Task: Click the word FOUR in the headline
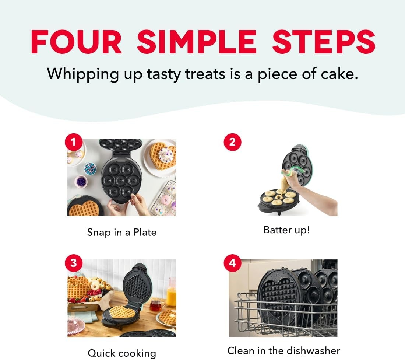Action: tap(77, 42)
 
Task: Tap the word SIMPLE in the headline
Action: tap(197, 42)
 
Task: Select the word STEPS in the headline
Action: tap(323, 42)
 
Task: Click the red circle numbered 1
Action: tap(74, 142)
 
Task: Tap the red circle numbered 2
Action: tap(232, 142)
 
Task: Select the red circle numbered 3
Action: tap(74, 263)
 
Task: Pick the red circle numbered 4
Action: tap(232, 263)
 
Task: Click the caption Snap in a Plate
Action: tap(122, 233)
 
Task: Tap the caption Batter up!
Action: tap(287, 230)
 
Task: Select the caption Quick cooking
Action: tap(122, 353)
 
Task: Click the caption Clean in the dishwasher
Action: tap(283, 351)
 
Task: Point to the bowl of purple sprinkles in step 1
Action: tap(81, 181)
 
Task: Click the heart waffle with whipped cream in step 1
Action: tap(163, 156)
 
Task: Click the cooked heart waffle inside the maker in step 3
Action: tap(123, 312)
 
